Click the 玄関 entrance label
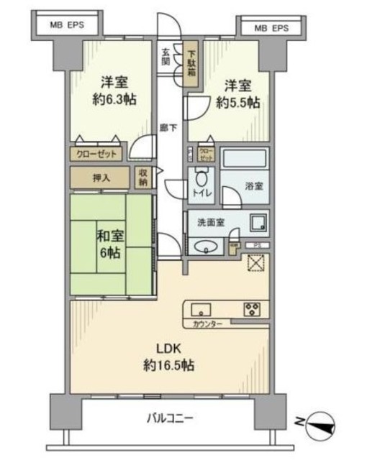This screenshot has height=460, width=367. [166, 56]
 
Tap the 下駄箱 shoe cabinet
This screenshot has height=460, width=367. [191, 65]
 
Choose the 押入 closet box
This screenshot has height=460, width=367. [101, 177]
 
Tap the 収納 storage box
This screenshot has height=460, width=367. [143, 177]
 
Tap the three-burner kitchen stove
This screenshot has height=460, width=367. [253, 310]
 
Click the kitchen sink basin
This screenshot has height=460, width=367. [200, 310]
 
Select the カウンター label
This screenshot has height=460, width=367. [208, 325]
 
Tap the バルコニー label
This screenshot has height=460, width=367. [169, 418]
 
